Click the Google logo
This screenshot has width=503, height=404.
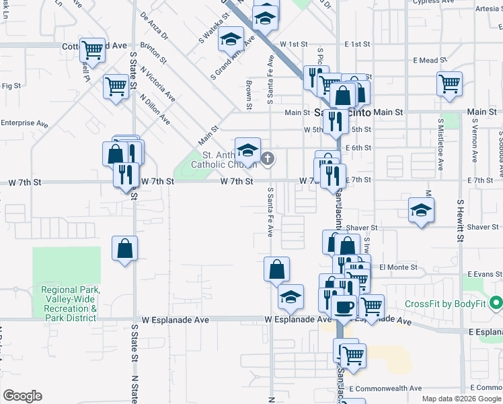coord(22,396)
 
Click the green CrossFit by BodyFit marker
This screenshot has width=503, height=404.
coord(496,303)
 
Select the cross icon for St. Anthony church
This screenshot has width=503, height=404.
coord(268,159)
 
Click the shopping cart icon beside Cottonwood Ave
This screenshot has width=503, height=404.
coord(92,49)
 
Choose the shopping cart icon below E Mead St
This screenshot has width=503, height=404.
coord(449,83)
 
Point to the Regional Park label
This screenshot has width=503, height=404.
coord(70,303)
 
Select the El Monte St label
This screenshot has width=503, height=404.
coord(398,267)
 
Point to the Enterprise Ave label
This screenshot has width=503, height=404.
coord(24,123)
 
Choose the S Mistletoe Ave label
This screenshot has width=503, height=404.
coord(440,144)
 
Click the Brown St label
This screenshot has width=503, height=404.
coord(249,95)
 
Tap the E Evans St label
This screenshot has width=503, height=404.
coord(485,275)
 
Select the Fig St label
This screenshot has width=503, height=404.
coord(11,86)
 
